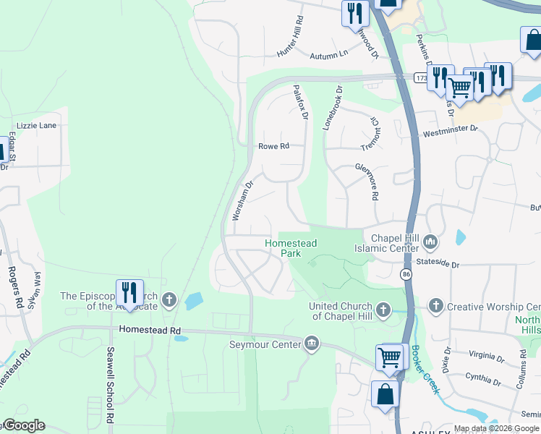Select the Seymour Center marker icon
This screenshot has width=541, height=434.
click(312, 342)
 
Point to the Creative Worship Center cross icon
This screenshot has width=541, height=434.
click(435, 307)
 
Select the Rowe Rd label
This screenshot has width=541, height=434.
click(273, 146)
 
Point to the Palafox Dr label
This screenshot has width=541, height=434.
click(301, 101)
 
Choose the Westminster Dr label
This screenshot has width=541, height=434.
click(451, 131)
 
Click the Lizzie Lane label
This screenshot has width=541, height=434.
click(37, 125)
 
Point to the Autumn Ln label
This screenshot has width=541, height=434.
click(328, 54)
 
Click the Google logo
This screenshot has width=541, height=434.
click(24, 425)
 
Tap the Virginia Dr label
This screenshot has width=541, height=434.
click(486, 357)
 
